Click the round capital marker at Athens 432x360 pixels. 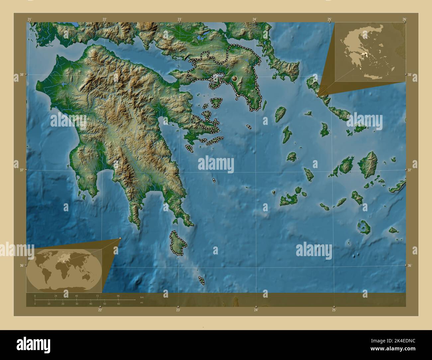pos(235,79)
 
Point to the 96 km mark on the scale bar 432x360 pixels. pos(118,295)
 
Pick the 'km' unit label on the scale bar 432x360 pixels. pos(142,297)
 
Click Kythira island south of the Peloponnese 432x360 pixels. pos(178,243)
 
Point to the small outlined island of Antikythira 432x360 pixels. pos(201,280)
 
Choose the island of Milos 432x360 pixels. pos(288,200)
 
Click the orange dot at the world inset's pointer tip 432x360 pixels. pos(120,238)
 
